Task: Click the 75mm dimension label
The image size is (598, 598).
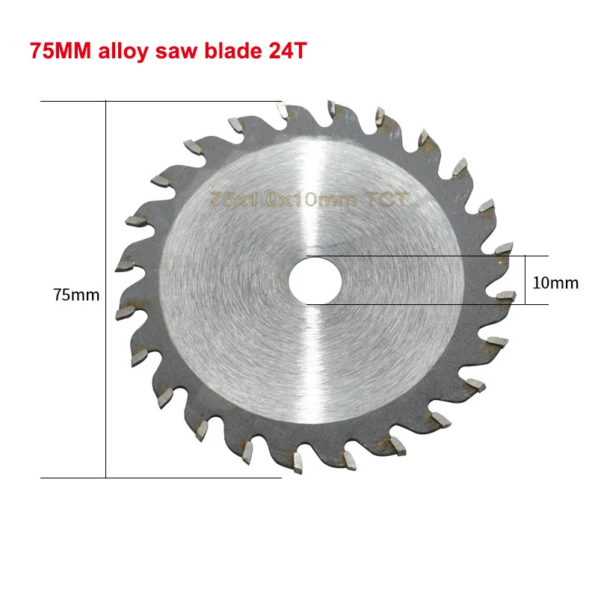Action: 76,295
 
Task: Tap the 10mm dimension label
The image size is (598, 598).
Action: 555,283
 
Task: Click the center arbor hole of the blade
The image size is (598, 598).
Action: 315,280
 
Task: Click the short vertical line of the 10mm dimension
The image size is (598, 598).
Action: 525,280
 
